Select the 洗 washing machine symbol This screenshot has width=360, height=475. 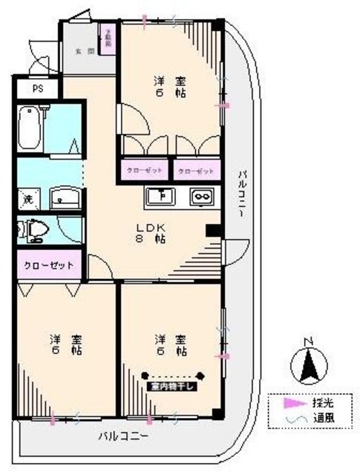(27, 199)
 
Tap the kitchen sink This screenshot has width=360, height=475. (160, 197)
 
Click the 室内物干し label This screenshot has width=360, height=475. (172, 386)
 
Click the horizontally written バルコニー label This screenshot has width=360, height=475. (124, 435)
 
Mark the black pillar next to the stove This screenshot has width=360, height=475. (214, 230)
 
